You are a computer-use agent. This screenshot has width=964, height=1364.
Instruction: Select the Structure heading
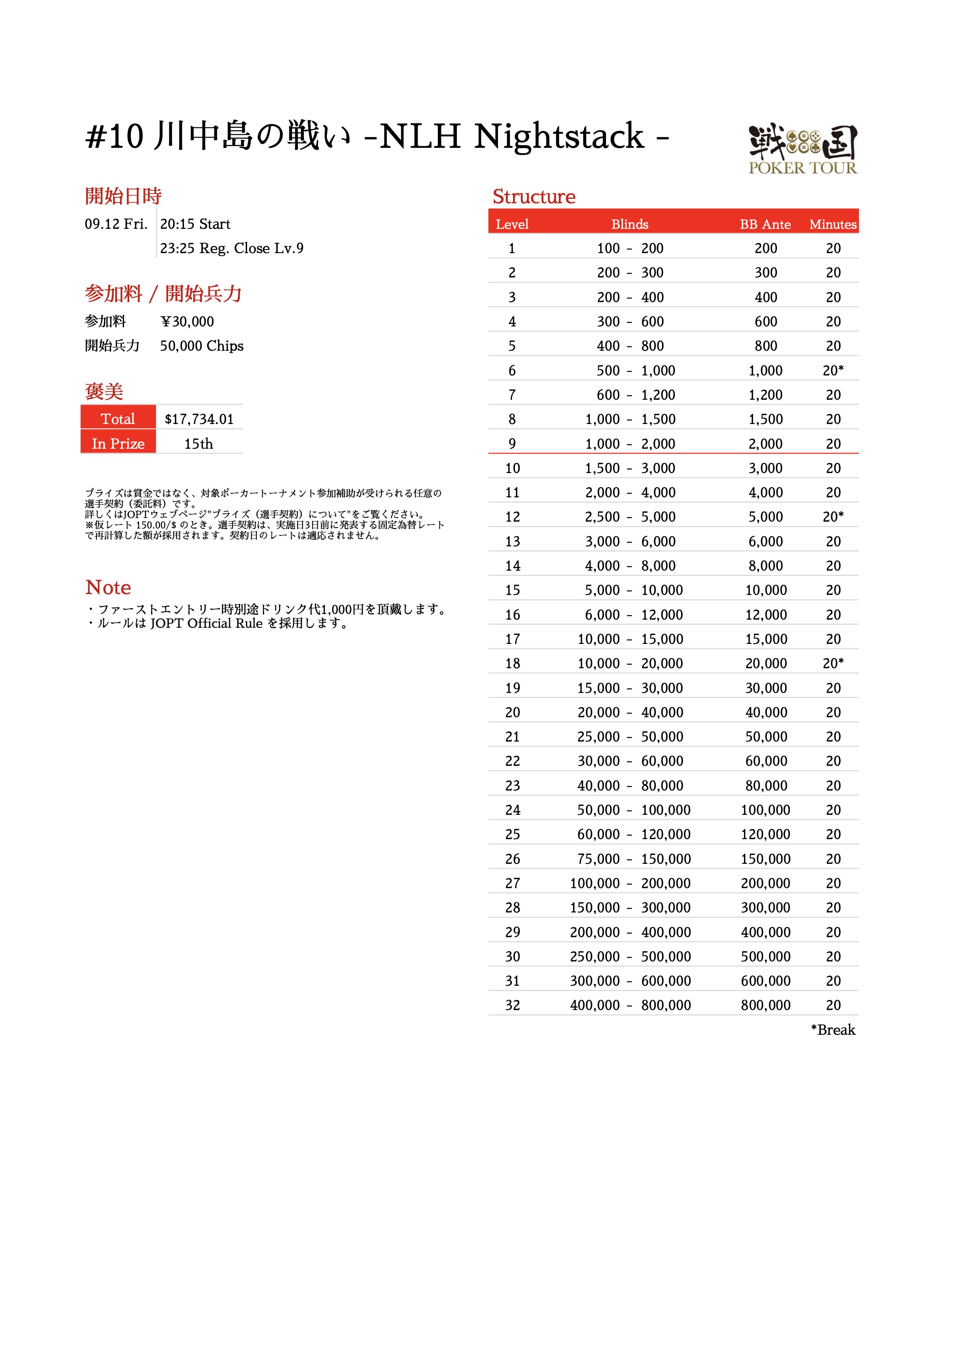point(534,197)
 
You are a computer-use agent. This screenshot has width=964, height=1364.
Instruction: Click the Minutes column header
point(833,224)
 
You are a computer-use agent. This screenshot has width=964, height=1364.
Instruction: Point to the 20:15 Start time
point(195,224)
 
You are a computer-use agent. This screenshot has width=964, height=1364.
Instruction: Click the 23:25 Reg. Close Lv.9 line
point(231,248)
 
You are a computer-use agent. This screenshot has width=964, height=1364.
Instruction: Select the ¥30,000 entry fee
point(187,322)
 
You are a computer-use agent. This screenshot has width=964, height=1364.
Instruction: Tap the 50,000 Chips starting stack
point(201,346)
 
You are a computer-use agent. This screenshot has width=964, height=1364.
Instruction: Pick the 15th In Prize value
point(198,444)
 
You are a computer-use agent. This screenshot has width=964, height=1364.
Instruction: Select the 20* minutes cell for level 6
point(833,370)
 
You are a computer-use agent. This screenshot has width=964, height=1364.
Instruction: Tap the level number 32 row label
point(512,1005)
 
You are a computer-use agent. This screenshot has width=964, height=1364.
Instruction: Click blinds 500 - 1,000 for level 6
point(636,370)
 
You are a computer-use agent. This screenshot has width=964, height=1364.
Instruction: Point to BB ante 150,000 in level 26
point(766,859)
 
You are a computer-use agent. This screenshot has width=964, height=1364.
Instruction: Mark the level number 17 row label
point(512,639)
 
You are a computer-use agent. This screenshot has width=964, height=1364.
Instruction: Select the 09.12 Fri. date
point(116,224)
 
